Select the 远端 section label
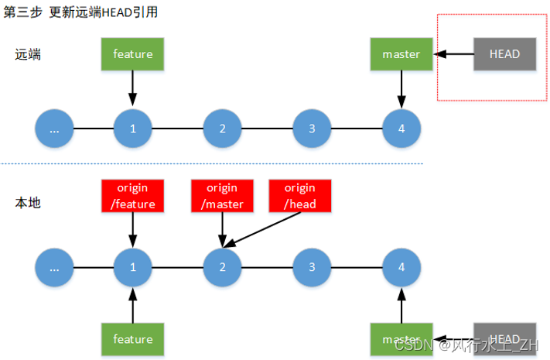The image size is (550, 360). coord(28,54)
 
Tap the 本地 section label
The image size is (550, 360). coord(28,203)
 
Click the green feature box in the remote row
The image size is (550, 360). coord(133,54)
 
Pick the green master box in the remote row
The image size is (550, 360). coord(401,54)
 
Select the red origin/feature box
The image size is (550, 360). coord(133,196)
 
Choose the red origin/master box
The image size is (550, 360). coord(223,196)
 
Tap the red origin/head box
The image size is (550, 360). coord(299,196)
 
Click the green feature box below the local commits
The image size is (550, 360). coord(133,339)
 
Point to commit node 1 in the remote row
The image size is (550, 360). coord(133,129)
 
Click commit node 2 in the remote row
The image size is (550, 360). coord(223,129)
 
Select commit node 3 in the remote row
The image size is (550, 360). coord(312,129)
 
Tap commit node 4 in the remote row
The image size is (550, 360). coord(401,129)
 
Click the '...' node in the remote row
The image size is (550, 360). coord(54,129)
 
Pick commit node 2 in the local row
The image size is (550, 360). coord(223,268)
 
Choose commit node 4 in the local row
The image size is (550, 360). coord(401,268)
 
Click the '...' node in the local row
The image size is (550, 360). coord(54,268)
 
